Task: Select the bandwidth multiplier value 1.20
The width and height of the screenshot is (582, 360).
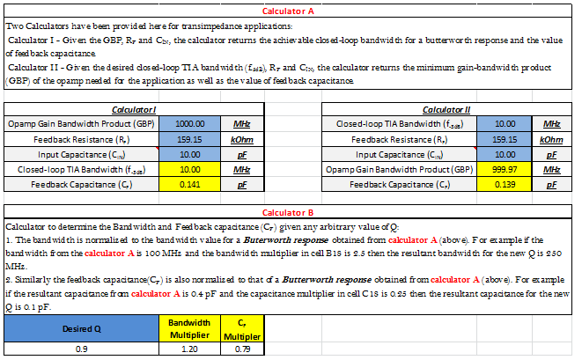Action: pyautogui.click(x=185, y=349)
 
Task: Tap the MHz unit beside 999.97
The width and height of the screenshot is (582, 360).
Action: pyautogui.click(x=552, y=169)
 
